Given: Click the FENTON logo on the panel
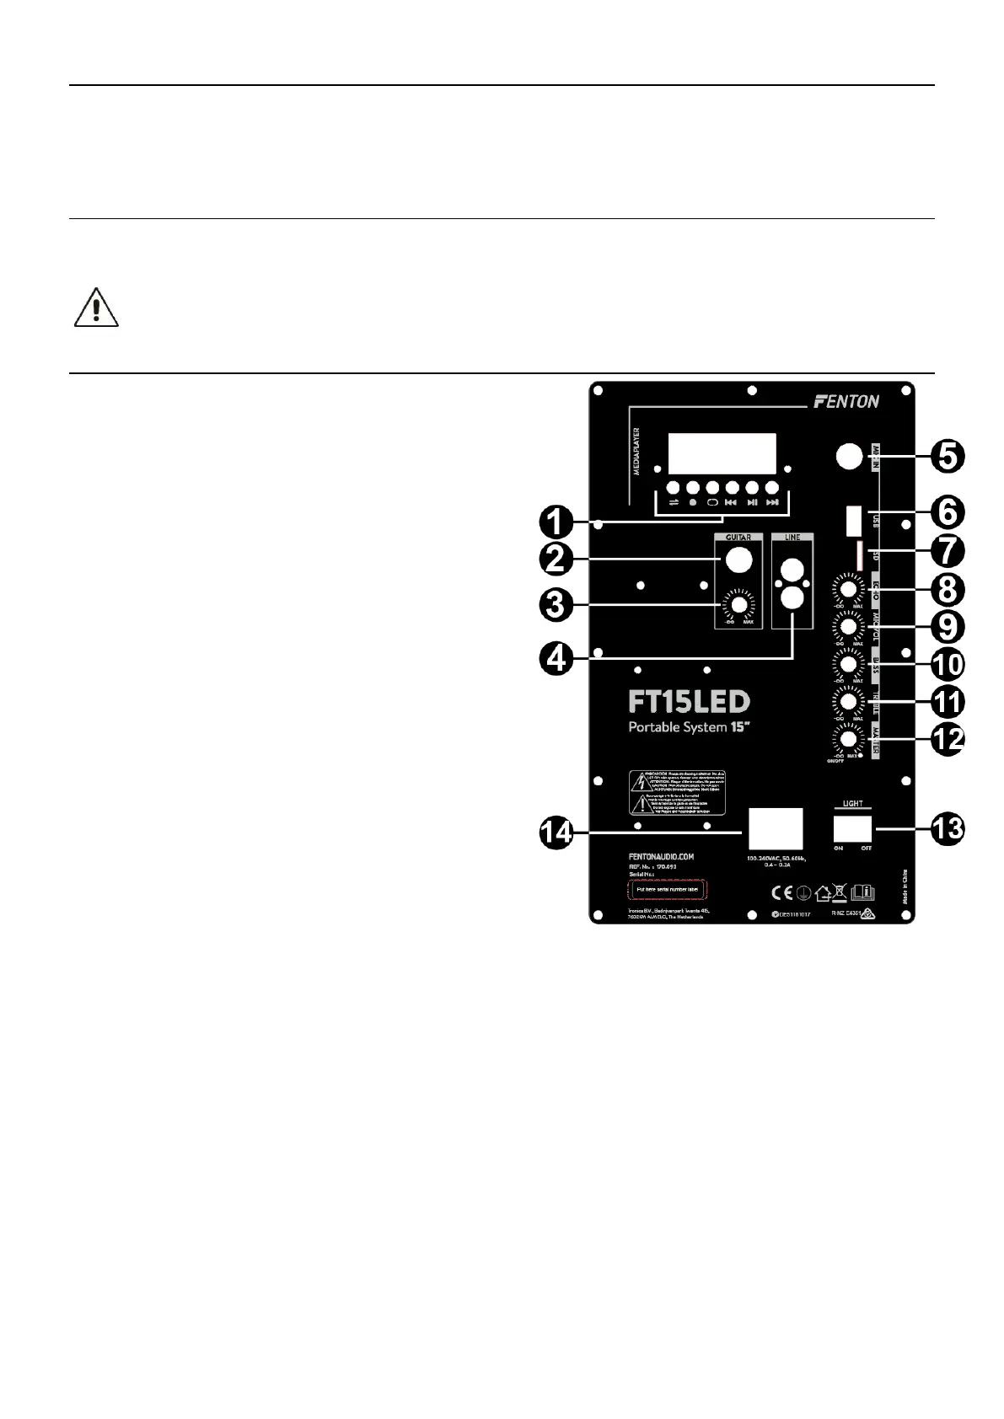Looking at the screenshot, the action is pos(846,402).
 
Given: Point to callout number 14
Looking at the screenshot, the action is pos(557,833).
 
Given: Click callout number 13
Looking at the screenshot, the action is pos(948,828).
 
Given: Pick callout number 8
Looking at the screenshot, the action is pos(948,589).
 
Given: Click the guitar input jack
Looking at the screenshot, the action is pos(738,560).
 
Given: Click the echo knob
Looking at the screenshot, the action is pos(848,587).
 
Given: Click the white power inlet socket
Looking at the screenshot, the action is pos(776,828).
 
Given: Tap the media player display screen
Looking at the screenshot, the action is pos(722,453).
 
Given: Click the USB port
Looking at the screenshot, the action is pos(853,520).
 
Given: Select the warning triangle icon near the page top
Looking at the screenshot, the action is pos(96,308).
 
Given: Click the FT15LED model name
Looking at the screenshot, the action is pos(689,702).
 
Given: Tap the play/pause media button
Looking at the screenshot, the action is pos(752,488).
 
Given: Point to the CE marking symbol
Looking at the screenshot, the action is pos(781,892).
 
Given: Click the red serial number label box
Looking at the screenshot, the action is pos(668,889).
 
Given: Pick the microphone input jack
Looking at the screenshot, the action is pos(850,457).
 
